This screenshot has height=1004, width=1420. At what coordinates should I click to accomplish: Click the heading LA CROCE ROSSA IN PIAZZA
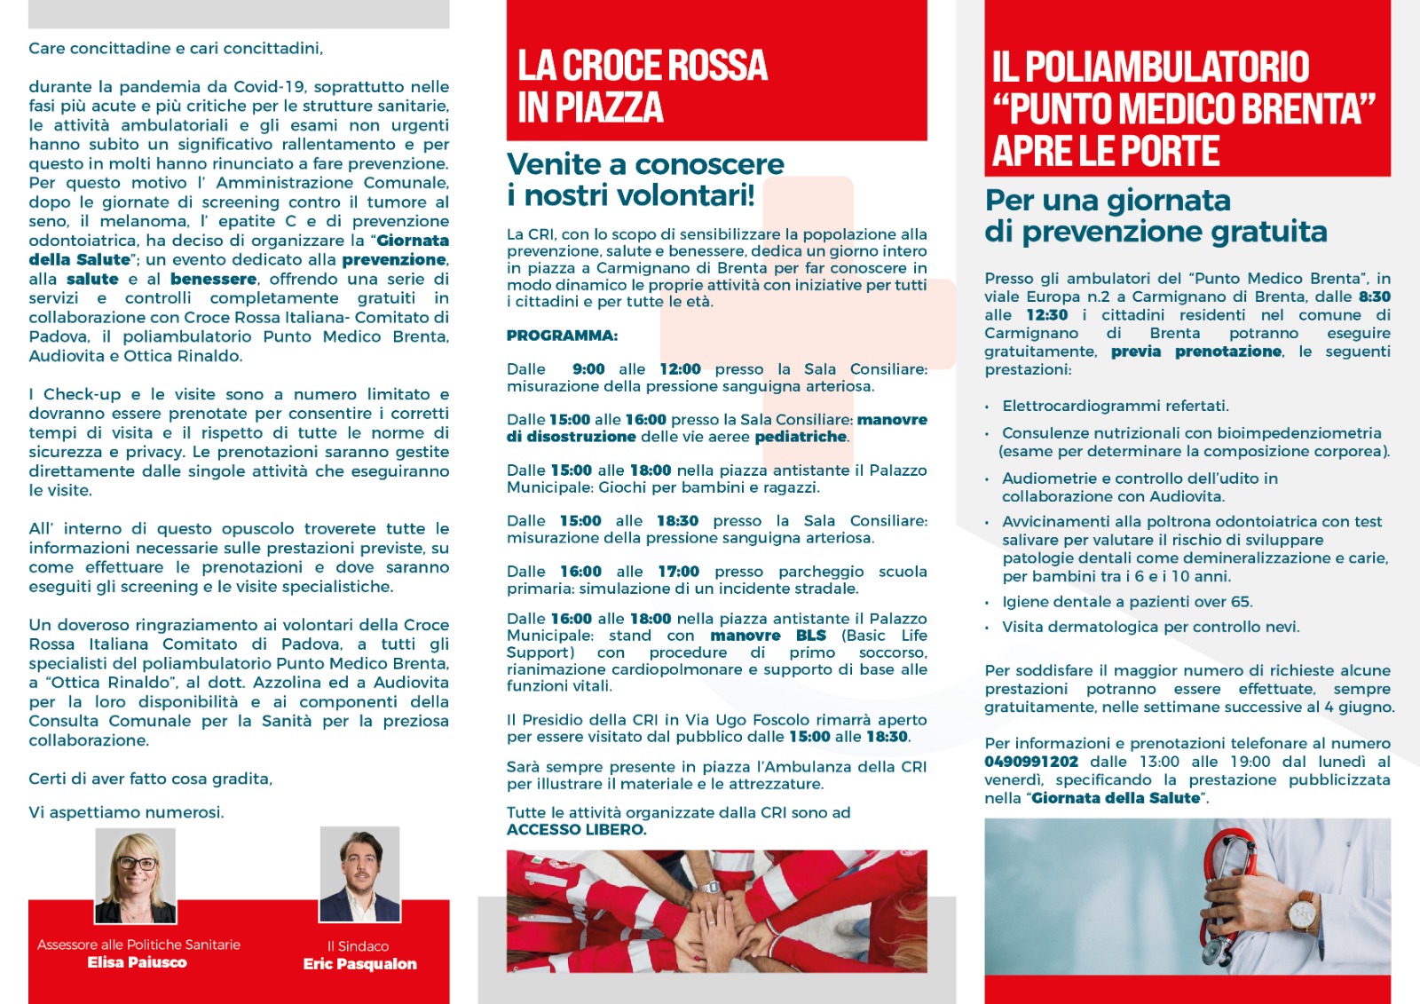pos(643,86)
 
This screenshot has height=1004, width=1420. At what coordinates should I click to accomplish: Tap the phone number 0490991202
pos(1031,762)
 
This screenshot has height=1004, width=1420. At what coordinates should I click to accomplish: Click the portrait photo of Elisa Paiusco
pos(136,877)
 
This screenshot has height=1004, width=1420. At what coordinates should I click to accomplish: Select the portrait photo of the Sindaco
pos(359,874)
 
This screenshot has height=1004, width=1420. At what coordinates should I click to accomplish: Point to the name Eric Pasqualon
pos(359,964)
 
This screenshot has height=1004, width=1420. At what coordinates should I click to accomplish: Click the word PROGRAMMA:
pos(562,336)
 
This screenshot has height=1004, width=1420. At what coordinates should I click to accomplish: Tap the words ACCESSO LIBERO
pos(576,830)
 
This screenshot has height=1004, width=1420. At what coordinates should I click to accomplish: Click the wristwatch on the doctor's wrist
pos(1304,913)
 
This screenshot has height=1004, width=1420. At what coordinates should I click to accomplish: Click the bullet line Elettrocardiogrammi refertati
pos(1116,407)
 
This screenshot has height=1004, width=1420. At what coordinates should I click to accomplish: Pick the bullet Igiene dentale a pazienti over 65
pos(1127,602)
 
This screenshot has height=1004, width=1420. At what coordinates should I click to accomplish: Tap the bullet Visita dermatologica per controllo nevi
pos(1150,627)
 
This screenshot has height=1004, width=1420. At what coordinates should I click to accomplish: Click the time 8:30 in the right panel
pos(1374,296)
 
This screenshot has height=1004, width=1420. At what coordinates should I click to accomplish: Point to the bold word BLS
pos(810,636)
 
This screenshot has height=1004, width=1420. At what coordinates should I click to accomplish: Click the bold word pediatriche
pos(801,437)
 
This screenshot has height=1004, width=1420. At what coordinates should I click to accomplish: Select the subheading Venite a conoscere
pos(645,164)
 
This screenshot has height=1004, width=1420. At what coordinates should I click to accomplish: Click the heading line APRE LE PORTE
pos(1106,151)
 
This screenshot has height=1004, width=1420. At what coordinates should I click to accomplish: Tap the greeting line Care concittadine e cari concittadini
pos(176,48)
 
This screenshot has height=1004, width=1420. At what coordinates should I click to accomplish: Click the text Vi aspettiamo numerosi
pos(126,812)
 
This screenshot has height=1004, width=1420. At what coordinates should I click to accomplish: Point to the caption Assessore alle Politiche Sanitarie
pos(138,945)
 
